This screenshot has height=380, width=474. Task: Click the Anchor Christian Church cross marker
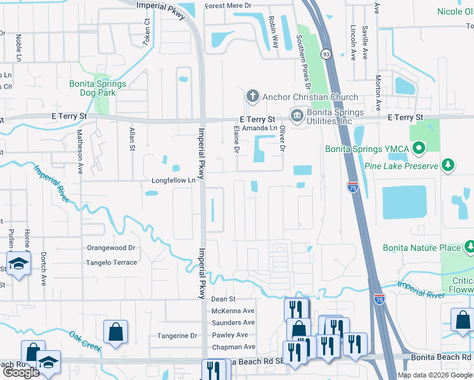252,96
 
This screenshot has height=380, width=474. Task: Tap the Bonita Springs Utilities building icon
296,115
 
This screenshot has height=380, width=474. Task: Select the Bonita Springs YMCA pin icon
418,149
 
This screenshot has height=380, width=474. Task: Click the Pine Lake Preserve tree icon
449,165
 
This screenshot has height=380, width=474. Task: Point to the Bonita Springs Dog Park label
98,88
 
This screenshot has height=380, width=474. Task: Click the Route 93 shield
325,54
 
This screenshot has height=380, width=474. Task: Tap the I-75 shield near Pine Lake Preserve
352,186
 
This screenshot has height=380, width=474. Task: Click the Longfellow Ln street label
173,180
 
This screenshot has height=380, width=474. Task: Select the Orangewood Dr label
112,248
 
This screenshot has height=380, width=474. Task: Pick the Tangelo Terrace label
112,262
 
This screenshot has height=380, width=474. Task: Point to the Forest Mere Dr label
232,8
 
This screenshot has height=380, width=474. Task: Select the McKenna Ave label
233,311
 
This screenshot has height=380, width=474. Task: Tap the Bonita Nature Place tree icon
470,246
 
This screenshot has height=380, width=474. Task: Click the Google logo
22,372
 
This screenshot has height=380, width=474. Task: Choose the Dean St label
223,299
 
